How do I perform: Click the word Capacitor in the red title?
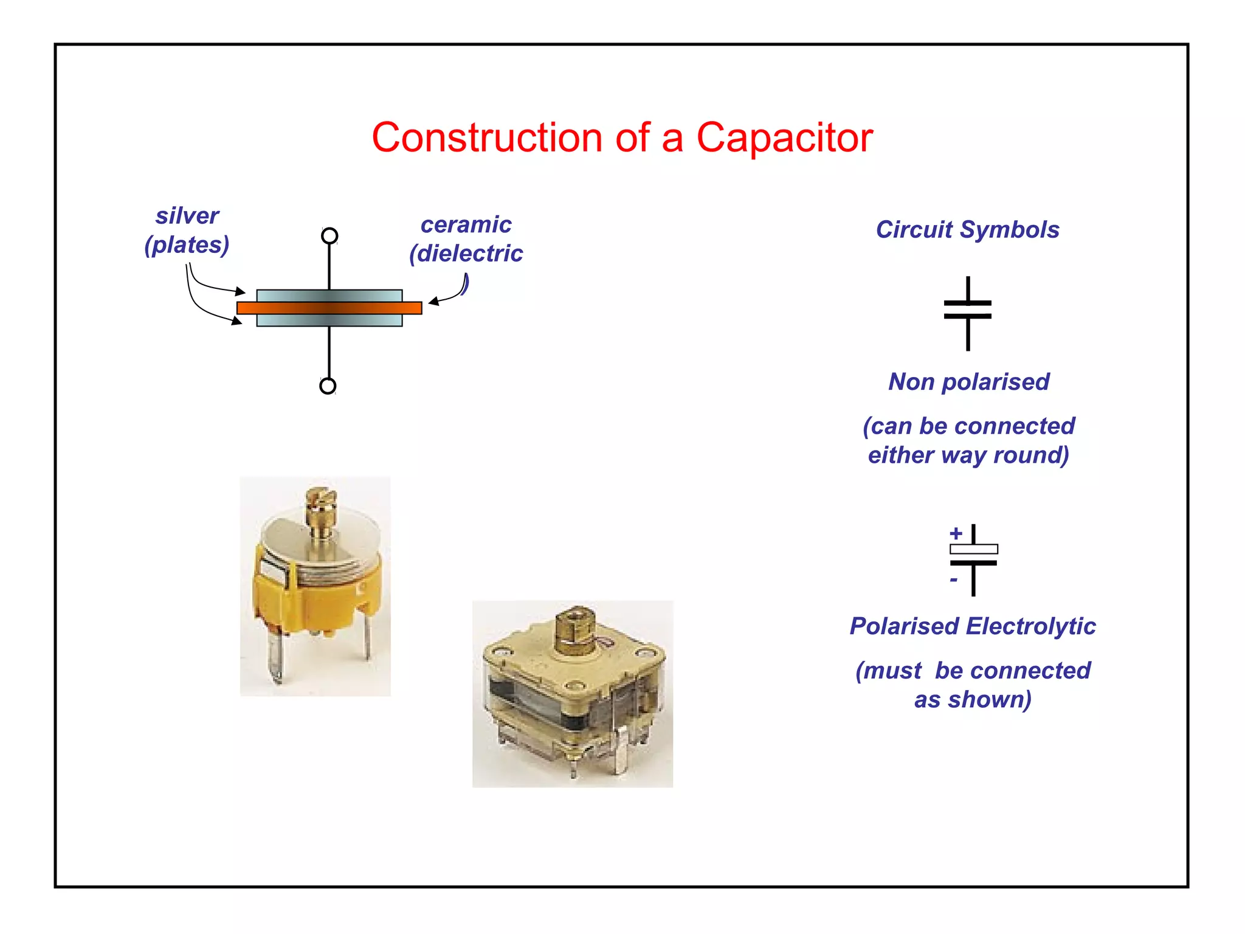click(x=784, y=138)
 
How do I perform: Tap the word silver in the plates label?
click(x=187, y=216)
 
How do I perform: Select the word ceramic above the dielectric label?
click(x=466, y=225)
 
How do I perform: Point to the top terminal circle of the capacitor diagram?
click(x=329, y=236)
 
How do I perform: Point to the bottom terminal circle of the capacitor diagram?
click(x=328, y=386)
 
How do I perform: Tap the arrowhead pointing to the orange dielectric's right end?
click(x=433, y=301)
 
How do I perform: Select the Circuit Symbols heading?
click(x=967, y=230)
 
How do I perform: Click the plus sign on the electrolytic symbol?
click(x=956, y=534)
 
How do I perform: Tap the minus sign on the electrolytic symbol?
click(x=954, y=580)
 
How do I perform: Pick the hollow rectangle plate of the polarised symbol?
click(x=973, y=549)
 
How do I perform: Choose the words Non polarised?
click(x=969, y=382)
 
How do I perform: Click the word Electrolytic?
click(x=1031, y=626)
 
